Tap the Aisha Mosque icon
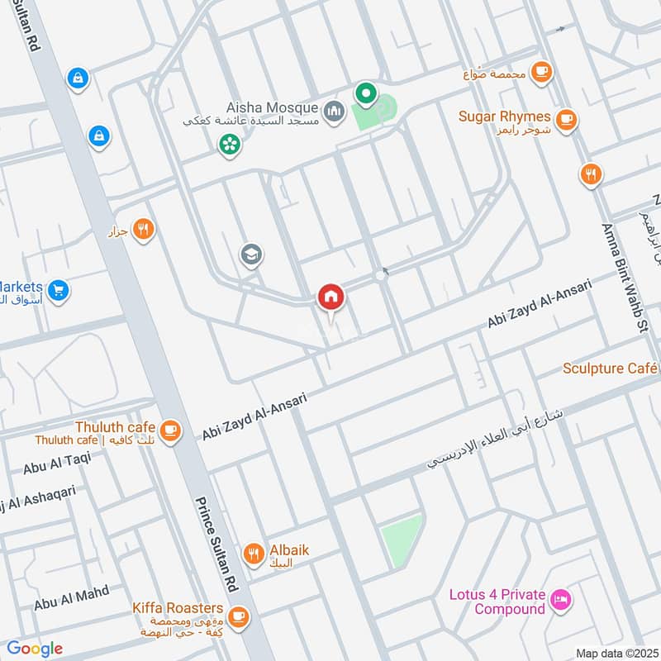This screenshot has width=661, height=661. [x=334, y=110]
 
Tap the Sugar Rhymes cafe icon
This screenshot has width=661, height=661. [x=566, y=121]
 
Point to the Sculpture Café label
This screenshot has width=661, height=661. [x=610, y=368]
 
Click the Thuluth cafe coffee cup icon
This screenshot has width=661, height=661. [x=170, y=430]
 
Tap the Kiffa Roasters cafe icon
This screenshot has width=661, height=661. [x=239, y=616]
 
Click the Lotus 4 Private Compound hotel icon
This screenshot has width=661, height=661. [x=560, y=599]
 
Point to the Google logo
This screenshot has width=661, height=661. [x=35, y=649]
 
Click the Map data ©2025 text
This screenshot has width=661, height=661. [x=616, y=654]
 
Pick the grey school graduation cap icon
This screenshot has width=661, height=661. [x=251, y=255]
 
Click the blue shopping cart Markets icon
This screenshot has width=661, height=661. [x=58, y=290]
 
